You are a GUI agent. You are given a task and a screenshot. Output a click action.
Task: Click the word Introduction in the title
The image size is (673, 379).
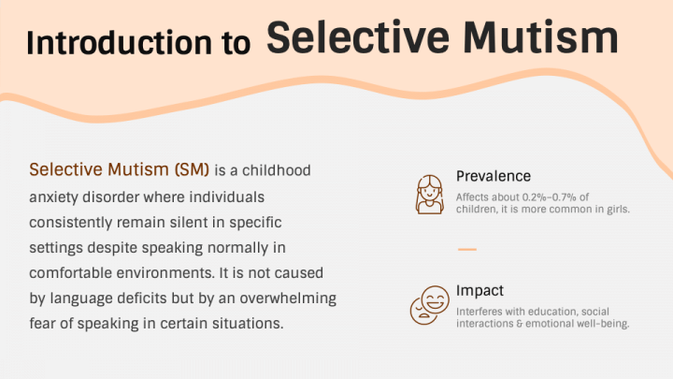pos(119,42)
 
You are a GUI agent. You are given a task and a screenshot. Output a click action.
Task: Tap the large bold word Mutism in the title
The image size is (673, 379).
pos(540,37)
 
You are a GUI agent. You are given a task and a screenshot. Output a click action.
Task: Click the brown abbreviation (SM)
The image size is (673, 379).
pos(192,169)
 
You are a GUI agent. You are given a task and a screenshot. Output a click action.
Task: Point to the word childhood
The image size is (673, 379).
pos(277,170)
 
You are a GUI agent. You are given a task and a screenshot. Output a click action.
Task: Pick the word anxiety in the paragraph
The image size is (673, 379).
pos(53,197)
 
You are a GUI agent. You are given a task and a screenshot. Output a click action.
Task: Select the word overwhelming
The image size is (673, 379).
pos(288,299)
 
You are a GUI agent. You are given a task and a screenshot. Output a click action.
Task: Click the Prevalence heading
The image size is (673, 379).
pos(494,176)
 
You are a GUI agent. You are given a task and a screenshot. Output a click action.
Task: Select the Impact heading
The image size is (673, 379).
pos(480,291)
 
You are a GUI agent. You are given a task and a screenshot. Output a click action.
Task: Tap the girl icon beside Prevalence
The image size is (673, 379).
pos(429,195)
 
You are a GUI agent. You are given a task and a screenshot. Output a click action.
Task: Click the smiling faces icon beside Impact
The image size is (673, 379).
pos(430,305)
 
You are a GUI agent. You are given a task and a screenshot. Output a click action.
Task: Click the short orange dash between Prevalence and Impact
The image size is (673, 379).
pos(467,249)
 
